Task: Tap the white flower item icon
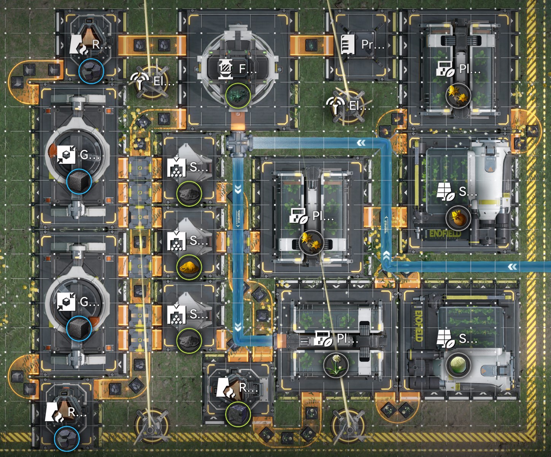coord(336,365)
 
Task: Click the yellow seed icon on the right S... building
coord(458,218)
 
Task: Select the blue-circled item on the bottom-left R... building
coord(67,439)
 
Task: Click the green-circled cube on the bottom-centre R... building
coord(238,413)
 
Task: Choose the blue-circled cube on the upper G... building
coord(79,181)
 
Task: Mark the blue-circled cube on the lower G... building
coord(79,328)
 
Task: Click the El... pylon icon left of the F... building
coord(140,80)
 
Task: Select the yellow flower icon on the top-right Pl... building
coord(458,95)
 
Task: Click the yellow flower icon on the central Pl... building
coord(311,242)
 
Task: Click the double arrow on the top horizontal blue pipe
coord(361,143)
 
